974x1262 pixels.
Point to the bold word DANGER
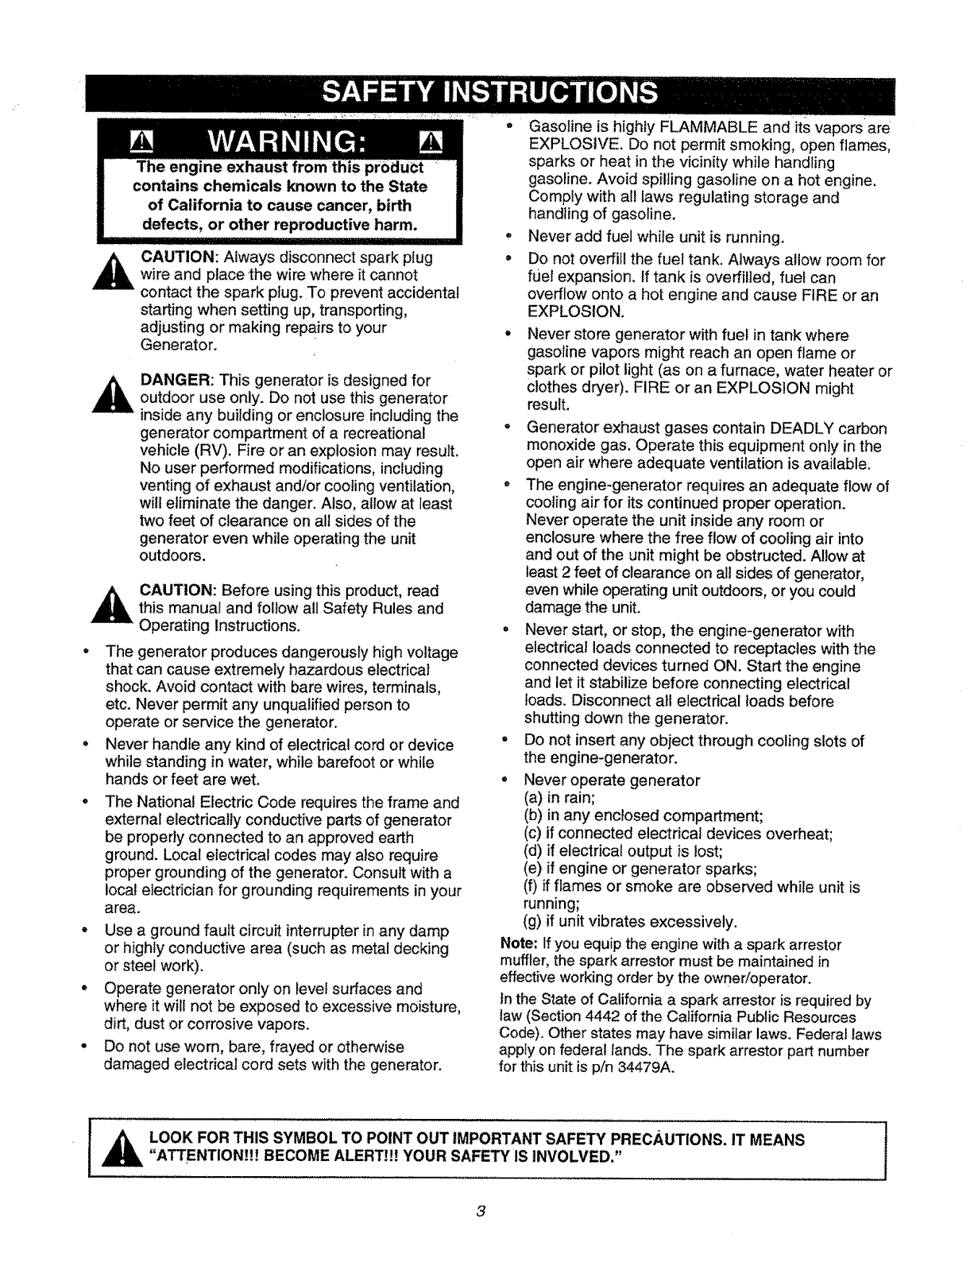pyautogui.click(x=177, y=381)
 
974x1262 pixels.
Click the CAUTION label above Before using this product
pyautogui.click(x=179, y=591)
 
